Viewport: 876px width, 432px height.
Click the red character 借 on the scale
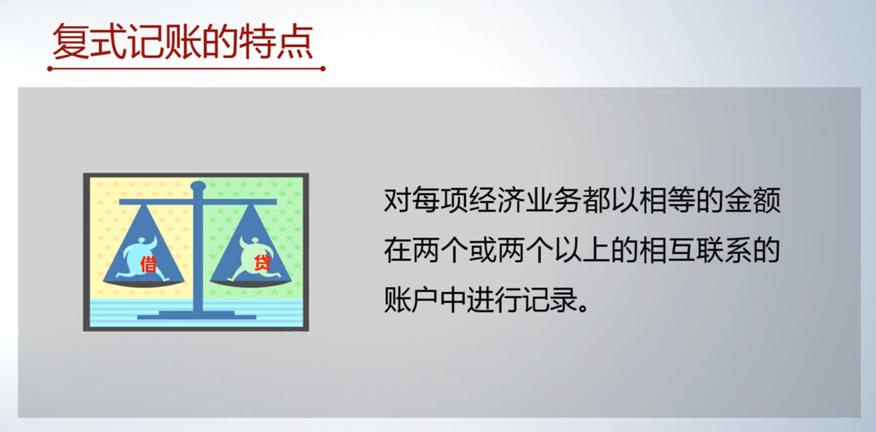pyautogui.click(x=149, y=264)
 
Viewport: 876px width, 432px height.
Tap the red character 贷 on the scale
pyautogui.click(x=262, y=262)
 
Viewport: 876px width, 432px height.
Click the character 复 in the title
pyautogui.click(x=71, y=42)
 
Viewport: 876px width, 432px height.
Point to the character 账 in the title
pyautogui.click(x=183, y=42)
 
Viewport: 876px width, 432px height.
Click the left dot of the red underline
pyautogui.click(x=49, y=68)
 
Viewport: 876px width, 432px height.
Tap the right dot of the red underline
pyautogui.click(x=323, y=68)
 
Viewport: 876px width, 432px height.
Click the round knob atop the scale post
pyautogui.click(x=198, y=185)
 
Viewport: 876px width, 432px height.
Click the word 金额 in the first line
pyautogui.click(x=753, y=201)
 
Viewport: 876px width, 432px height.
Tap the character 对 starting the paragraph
pyautogui.click(x=397, y=201)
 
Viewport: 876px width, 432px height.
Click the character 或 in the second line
pyautogui.click(x=483, y=250)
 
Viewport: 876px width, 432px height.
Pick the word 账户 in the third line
pyautogui.click(x=412, y=300)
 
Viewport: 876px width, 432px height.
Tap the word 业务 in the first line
pyautogui.click(x=554, y=201)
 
